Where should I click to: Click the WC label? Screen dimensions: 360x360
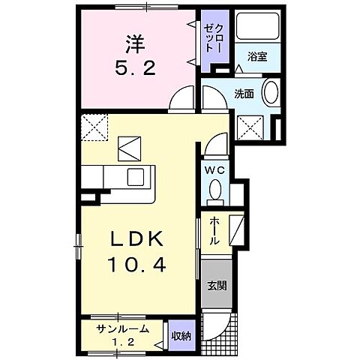pyautogui.click(x=214, y=169)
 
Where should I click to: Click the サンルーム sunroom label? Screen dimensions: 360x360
pyautogui.click(x=122, y=329)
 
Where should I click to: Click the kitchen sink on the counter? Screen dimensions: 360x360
pyautogui.click(x=136, y=177)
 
